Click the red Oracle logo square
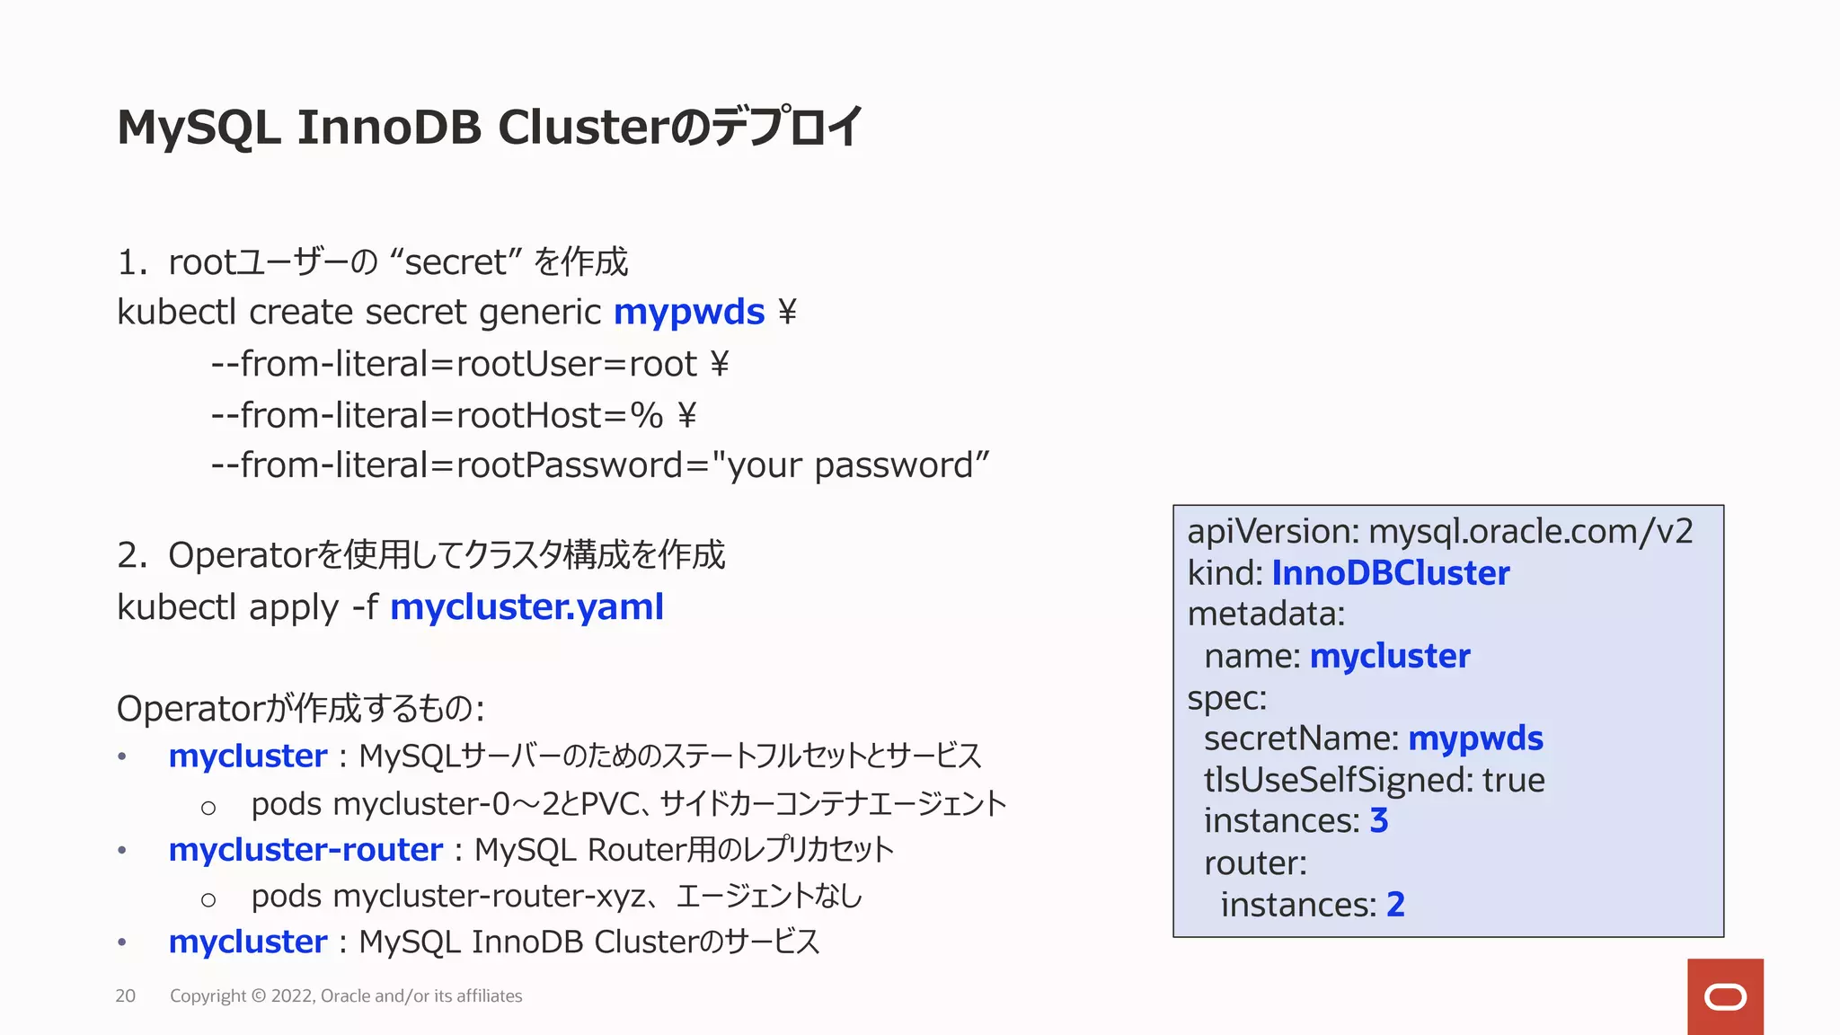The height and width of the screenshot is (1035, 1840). (1725, 996)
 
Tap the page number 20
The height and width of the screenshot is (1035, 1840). (125, 995)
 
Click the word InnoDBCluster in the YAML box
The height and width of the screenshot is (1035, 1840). (1390, 573)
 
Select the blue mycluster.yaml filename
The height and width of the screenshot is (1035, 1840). (526, 607)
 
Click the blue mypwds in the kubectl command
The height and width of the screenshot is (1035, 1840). (689, 313)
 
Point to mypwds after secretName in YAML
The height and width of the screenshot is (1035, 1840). (1475, 739)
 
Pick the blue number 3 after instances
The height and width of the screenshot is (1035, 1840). (1379, 821)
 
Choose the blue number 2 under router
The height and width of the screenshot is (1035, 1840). (1395, 905)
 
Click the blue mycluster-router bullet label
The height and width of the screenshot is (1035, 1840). (305, 850)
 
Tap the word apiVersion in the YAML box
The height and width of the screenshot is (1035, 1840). (1271, 532)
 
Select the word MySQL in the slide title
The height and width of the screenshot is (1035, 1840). (199, 128)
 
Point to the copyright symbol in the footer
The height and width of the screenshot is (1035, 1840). (259, 995)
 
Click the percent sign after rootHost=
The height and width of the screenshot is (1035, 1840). (646, 415)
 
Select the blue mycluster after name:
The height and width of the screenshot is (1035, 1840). (1390, 656)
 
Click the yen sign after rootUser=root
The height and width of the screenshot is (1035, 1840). (720, 365)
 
